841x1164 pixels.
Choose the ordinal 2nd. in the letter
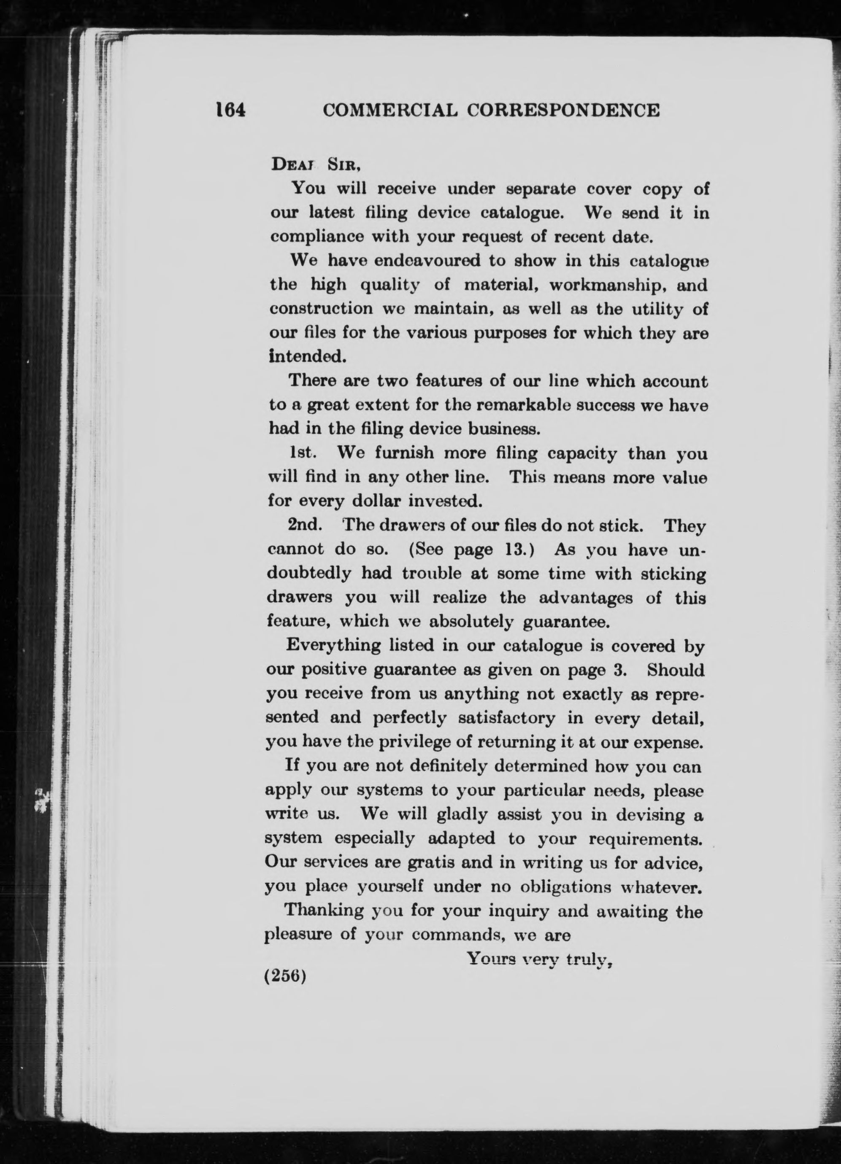click(x=305, y=525)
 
